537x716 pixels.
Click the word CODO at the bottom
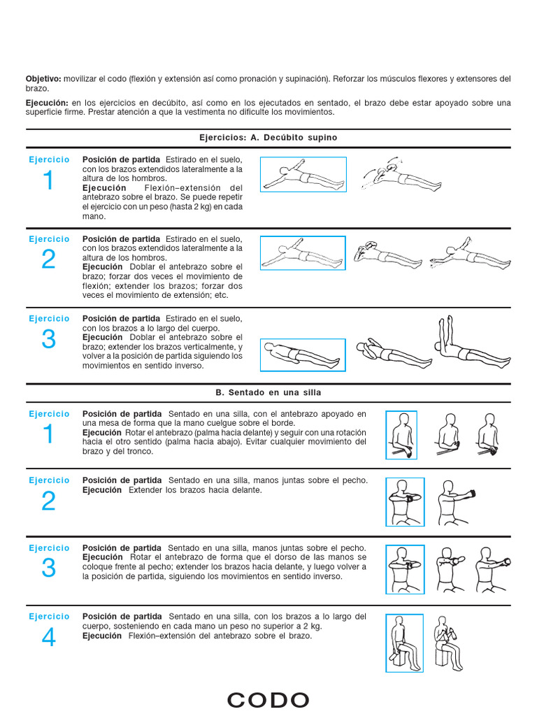click(268, 700)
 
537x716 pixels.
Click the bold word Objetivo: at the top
click(44, 79)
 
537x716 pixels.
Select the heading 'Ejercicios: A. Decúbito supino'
click(268, 138)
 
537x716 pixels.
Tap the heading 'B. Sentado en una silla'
click(268, 392)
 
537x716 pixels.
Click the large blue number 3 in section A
click(48, 339)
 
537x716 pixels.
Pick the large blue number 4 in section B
click(48, 638)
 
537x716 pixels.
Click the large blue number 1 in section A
click(48, 181)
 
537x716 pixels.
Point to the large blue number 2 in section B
click(48, 501)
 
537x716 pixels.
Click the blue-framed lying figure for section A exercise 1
click(303, 174)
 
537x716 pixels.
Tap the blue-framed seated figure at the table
click(401, 435)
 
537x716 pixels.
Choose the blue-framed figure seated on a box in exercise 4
click(404, 643)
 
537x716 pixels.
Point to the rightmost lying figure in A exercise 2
click(468, 255)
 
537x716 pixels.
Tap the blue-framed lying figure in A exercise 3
click(303, 355)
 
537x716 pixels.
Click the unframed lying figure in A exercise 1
click(394, 174)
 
